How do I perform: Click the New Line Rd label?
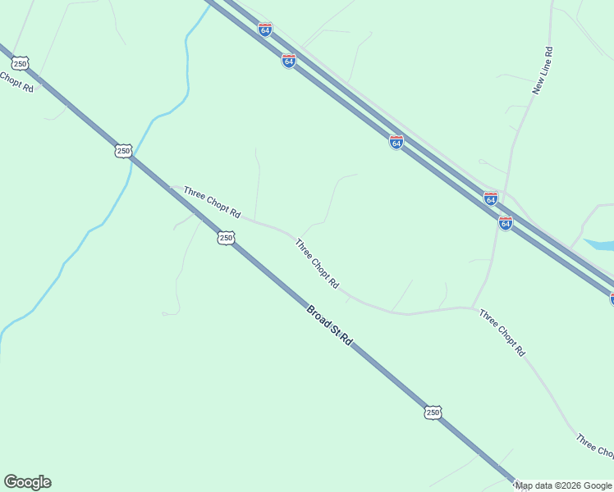(543, 71)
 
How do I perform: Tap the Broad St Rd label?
(329, 325)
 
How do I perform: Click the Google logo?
(27, 482)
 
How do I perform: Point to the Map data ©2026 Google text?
(563, 485)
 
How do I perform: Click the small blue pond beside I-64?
(601, 244)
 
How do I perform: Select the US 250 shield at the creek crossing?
(123, 151)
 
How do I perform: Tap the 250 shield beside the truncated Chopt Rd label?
(21, 63)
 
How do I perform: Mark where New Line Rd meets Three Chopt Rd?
(474, 307)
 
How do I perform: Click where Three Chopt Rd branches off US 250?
(171, 188)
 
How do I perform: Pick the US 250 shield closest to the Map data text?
(433, 412)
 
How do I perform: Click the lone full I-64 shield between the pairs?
(396, 142)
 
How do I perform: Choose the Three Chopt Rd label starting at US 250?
(212, 203)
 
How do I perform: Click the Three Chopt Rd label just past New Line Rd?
(502, 332)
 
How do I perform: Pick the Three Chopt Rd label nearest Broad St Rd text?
(317, 263)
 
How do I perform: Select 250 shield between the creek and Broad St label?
(227, 238)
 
